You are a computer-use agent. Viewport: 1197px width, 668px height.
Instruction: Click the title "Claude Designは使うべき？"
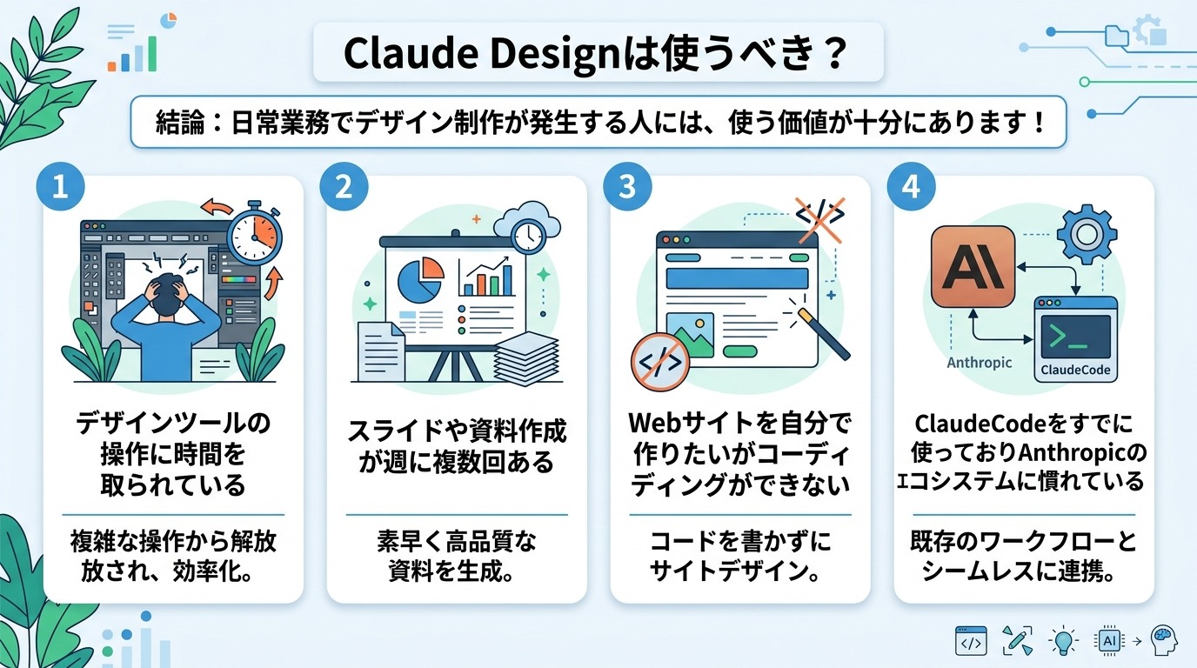(x=596, y=52)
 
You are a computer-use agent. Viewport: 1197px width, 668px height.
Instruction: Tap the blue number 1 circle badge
(x=60, y=189)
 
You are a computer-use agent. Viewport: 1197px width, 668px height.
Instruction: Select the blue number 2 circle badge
(x=344, y=189)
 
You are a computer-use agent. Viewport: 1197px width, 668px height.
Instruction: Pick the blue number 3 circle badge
(x=627, y=189)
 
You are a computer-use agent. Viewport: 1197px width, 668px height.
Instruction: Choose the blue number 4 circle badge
(x=911, y=189)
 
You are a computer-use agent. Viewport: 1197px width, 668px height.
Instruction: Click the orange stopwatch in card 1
(x=255, y=234)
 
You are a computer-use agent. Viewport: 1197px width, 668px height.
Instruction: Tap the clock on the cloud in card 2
(x=526, y=232)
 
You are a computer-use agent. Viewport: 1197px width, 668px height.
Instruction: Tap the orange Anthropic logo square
(x=973, y=267)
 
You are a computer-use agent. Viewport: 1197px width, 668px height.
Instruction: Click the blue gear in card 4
(x=1087, y=234)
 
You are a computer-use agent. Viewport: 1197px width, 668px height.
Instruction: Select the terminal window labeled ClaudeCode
(x=1075, y=339)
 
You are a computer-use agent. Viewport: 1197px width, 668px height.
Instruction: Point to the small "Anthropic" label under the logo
(x=979, y=363)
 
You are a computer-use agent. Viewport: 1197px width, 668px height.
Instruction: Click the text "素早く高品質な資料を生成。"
(x=457, y=557)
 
